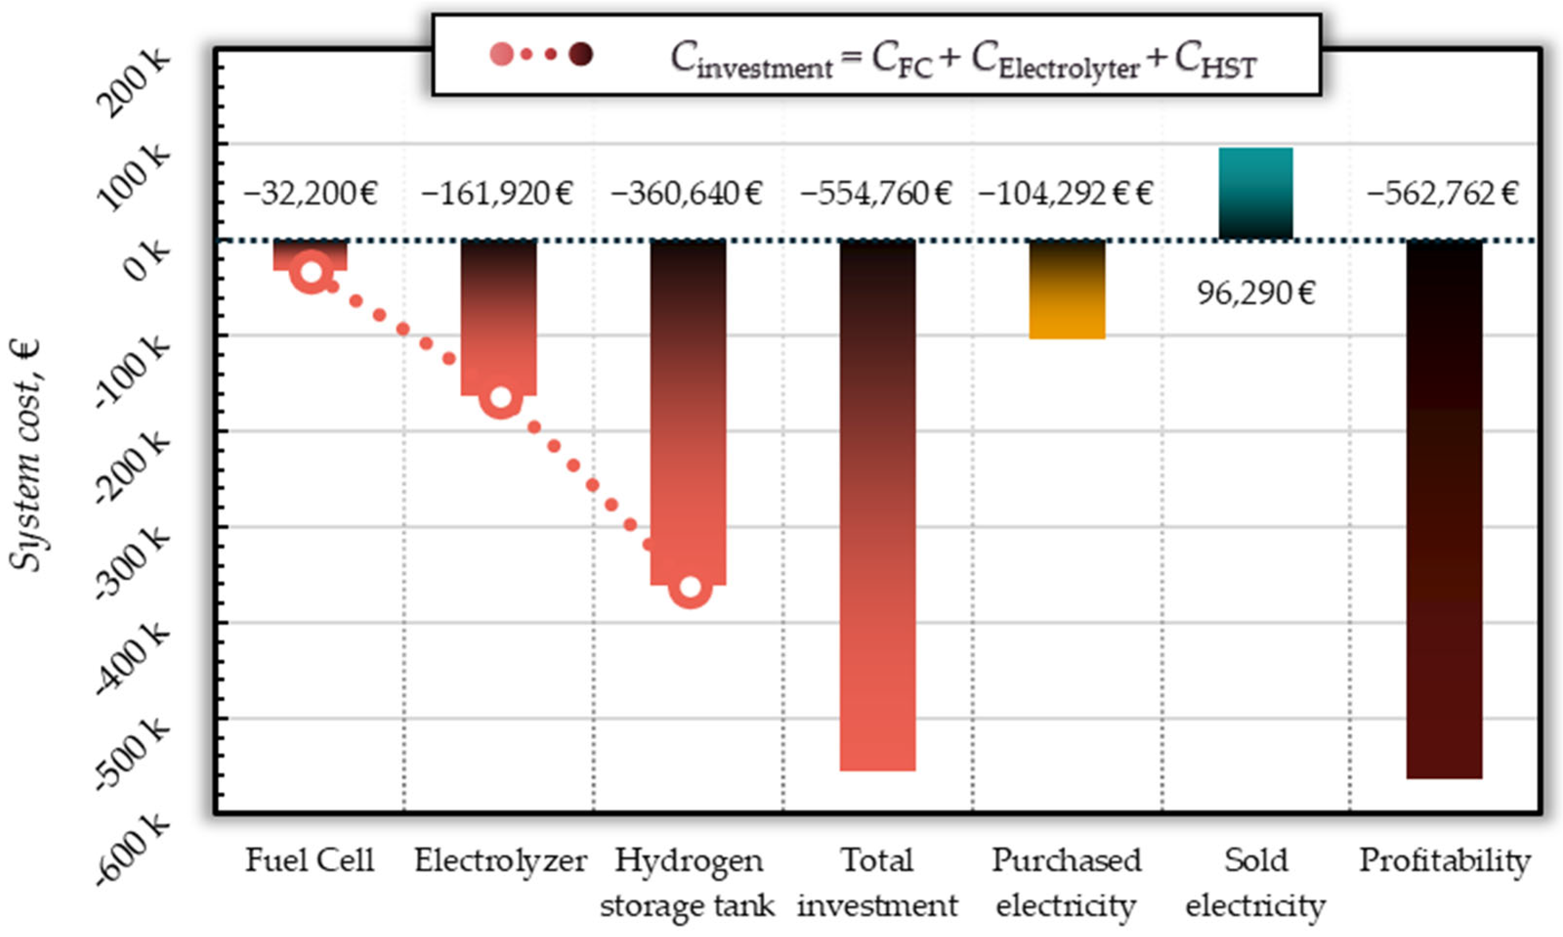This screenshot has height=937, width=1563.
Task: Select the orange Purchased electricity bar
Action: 1067,291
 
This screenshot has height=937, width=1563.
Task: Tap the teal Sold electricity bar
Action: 1256,193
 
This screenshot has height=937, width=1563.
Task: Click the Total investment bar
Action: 878,505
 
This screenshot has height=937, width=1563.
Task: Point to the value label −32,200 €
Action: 311,193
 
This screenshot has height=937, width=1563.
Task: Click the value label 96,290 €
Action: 1256,294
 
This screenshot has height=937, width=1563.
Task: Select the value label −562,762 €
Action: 1442,193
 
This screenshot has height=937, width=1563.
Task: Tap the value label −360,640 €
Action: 687,193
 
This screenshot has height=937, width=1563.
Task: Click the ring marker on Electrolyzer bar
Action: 500,397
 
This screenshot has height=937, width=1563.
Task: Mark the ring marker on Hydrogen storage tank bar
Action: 690,587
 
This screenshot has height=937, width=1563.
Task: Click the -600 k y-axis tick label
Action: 133,848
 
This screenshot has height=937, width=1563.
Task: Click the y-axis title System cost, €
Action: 26,455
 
